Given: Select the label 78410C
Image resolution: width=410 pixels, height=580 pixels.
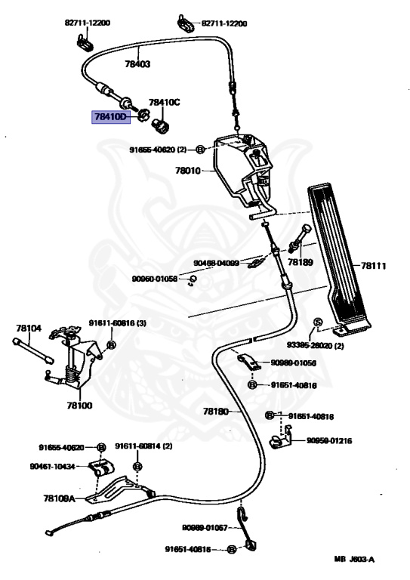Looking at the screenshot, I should [164, 101].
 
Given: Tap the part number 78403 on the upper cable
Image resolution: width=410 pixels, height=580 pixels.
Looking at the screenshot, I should [137, 64].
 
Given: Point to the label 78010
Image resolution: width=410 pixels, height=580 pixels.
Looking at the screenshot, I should [189, 171].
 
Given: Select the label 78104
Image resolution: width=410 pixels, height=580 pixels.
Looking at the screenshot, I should [29, 329].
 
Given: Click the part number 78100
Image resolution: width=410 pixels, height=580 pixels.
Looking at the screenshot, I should [79, 406].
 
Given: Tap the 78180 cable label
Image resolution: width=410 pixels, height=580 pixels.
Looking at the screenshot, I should [215, 412].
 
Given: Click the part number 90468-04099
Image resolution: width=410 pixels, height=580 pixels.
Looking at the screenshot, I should [216, 263].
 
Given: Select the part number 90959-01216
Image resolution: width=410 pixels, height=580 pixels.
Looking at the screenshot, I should [329, 441].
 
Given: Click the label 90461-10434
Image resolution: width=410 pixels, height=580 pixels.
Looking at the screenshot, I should [52, 467].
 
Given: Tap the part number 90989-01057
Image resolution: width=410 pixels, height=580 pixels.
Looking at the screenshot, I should [204, 527].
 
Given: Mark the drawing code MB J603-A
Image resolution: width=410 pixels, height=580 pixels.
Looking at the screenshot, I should [354, 560].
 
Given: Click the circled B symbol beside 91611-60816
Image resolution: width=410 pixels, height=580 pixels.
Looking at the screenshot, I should [112, 344].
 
